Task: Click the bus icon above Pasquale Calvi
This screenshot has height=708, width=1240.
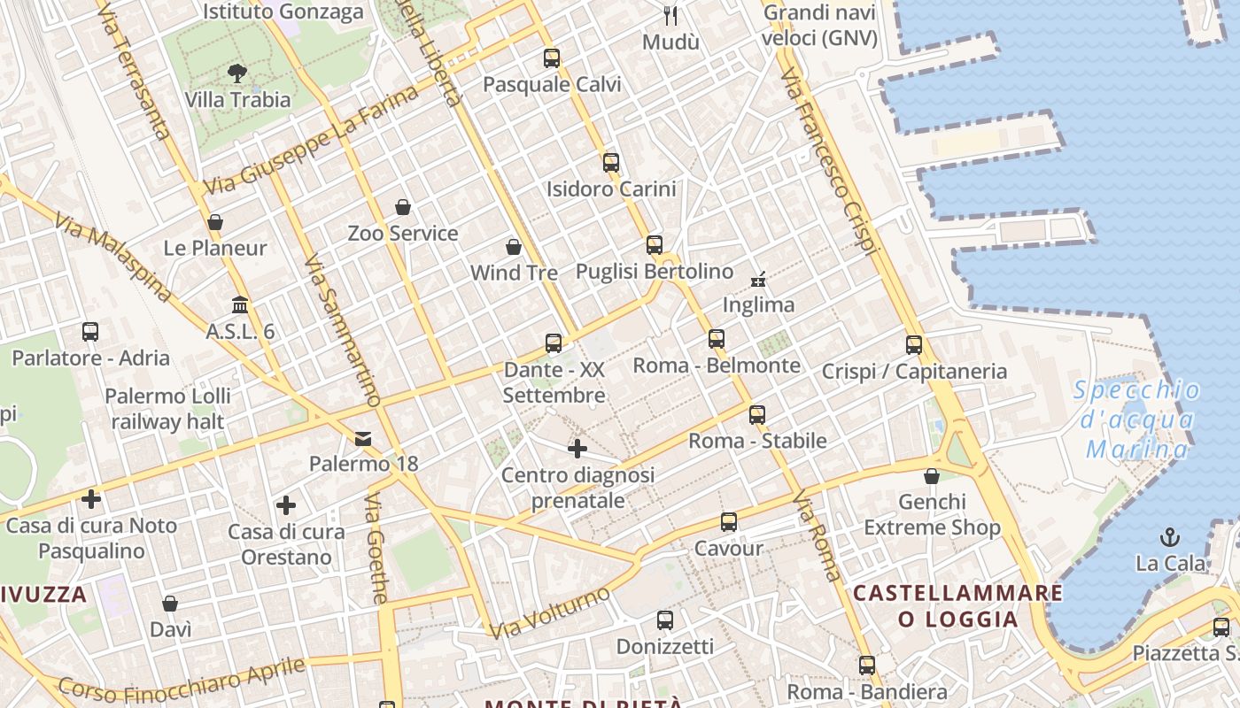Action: click(552, 58)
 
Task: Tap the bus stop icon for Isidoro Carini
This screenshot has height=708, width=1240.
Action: click(610, 163)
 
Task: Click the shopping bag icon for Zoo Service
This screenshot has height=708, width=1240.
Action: click(403, 207)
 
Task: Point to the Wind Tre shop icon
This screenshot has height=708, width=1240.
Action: click(513, 246)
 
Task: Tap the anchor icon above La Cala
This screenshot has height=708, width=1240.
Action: click(1171, 536)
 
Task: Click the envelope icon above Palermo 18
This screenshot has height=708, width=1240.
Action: click(363, 438)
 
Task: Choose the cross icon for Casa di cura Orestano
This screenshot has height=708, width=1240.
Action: click(286, 505)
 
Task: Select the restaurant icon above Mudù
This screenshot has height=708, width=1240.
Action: click(670, 15)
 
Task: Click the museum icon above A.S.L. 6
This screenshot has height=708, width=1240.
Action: click(240, 305)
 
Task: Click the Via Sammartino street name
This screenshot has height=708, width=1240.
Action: click(342, 332)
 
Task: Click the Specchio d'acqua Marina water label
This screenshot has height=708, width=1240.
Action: click(1137, 419)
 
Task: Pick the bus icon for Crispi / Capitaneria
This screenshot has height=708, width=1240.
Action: click(914, 345)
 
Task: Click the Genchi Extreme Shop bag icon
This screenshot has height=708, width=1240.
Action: click(931, 476)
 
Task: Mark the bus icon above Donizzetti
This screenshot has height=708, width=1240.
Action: click(665, 620)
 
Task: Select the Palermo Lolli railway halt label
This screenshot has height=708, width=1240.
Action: click(167, 408)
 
